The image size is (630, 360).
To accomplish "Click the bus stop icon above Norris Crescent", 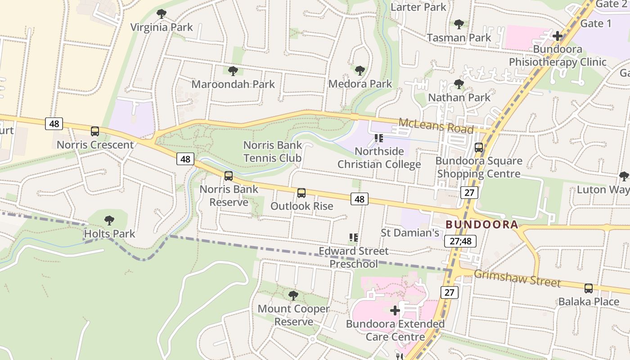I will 95,131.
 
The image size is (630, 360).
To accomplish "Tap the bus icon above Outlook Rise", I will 301,193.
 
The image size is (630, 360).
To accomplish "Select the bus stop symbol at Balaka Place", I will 588,288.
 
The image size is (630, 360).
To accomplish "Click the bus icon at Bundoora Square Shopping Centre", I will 479,148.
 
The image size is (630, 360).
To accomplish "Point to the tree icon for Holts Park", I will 109,220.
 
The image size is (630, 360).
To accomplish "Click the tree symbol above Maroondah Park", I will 233,71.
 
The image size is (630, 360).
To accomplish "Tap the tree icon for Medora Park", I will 360,71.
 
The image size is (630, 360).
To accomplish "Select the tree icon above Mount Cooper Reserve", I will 293,296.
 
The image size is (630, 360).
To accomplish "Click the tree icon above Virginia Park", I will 161,14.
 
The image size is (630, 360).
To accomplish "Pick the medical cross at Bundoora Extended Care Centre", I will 395,310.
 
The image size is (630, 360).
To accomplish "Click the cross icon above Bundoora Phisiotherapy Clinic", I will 558,36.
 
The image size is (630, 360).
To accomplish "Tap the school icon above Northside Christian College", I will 378,138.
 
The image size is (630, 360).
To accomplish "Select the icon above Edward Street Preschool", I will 353,237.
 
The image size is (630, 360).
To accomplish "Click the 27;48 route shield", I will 460,241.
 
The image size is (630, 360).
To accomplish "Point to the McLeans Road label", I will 436,126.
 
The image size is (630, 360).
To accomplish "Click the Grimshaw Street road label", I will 517,279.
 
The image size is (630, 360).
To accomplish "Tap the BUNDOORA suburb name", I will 481,225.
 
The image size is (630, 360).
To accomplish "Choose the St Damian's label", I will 409,233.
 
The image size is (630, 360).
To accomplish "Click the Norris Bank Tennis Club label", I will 272,152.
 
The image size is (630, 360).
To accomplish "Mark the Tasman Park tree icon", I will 459,24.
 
